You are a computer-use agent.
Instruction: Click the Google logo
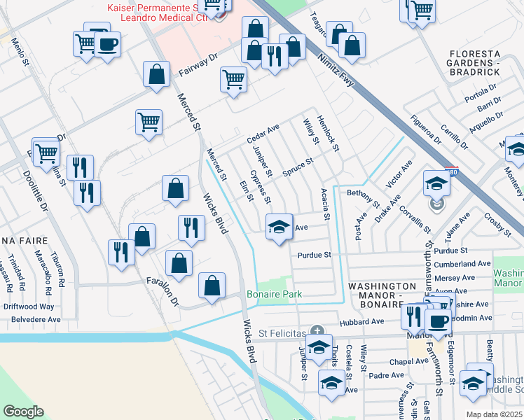coord(23,412)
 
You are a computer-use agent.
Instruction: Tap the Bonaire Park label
coord(274,295)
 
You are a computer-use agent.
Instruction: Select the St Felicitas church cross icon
coord(317,330)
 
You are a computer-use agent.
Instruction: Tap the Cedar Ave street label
coord(263,134)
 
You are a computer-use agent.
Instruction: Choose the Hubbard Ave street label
coord(362,322)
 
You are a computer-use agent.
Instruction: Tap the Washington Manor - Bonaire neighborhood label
coord(382,292)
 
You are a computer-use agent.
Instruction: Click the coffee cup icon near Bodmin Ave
coord(439,321)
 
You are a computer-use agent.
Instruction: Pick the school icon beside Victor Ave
coord(436,183)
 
